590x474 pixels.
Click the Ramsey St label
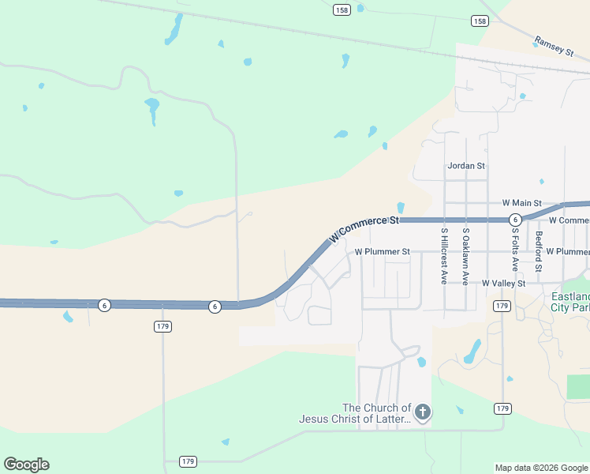[554, 45]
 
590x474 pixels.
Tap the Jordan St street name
[466, 166]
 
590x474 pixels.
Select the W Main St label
[522, 203]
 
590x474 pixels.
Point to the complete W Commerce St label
[364, 227]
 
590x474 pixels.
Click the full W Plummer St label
[383, 252]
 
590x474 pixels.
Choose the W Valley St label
[503, 283]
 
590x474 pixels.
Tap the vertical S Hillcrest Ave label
[444, 256]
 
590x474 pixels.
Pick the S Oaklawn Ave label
[466, 256]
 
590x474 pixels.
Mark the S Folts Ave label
[514, 250]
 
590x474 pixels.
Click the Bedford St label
[539, 251]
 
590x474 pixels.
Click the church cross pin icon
[423, 412]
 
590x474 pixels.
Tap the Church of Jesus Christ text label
[355, 413]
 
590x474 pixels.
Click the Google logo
[26, 465]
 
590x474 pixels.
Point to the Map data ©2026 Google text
[541, 468]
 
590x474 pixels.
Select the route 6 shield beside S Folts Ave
[514, 219]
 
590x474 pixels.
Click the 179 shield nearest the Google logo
[188, 461]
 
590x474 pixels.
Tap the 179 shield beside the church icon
[502, 408]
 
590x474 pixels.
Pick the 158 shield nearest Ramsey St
[480, 21]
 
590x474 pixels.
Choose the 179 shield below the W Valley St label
[502, 305]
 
